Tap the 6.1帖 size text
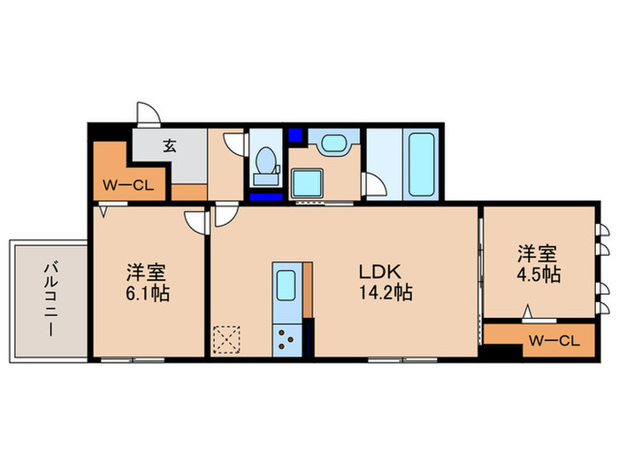148,292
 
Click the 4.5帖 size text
539,274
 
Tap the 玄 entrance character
169,146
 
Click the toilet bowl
264,163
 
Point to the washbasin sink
333,144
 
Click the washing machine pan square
310,183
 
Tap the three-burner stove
289,338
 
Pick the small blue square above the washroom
294,136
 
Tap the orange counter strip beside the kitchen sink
309,290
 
